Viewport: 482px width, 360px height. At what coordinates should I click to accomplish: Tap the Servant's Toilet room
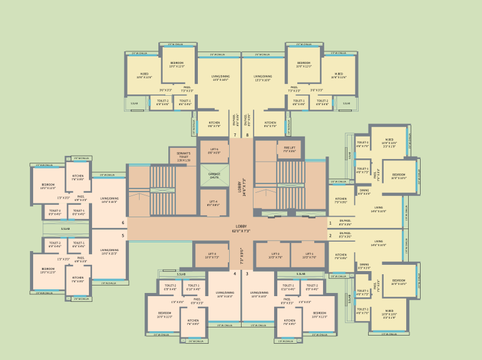[183, 157]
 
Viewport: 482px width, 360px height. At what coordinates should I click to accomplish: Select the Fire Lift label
[289, 149]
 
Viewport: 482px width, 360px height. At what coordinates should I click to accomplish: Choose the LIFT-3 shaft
[212, 255]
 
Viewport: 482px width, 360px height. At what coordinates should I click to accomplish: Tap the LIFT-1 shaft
[308, 255]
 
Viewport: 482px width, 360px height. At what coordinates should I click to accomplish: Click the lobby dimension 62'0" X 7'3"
[242, 229]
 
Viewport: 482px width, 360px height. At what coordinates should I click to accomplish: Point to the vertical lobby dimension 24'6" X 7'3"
[242, 187]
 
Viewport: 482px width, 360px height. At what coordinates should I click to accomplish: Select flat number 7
[235, 135]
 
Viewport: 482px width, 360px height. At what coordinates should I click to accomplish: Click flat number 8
[247, 135]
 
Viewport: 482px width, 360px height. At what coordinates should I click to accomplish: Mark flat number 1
[331, 222]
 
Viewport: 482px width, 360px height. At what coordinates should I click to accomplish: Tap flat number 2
[331, 236]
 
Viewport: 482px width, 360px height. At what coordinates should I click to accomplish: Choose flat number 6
[123, 222]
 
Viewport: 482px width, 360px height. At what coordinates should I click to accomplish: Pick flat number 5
[123, 236]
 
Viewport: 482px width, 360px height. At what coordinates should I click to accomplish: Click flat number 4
[235, 274]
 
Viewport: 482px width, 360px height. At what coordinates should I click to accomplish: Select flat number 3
[247, 274]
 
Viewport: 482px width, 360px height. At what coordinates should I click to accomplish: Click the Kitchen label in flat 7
[214, 123]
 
